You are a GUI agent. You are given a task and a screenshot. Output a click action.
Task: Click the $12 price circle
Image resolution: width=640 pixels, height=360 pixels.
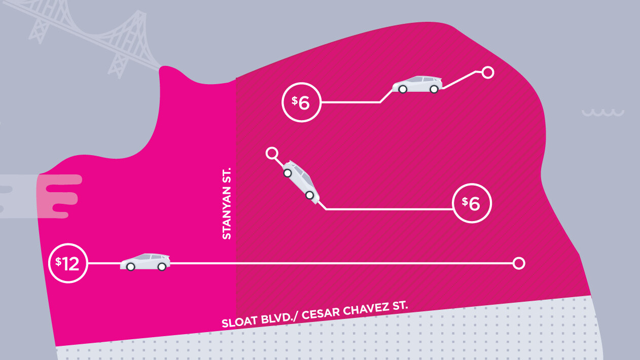point(68,264)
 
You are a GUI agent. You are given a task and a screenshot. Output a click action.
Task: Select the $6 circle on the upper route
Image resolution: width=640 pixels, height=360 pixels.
point(302,102)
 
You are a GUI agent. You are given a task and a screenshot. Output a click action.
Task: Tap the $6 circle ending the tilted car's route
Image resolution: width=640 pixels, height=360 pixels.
point(472,203)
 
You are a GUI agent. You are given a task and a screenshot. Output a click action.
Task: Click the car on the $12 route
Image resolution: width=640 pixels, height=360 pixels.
point(145,262)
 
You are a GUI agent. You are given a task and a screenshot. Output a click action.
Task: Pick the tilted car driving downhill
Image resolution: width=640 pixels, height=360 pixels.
point(301,182)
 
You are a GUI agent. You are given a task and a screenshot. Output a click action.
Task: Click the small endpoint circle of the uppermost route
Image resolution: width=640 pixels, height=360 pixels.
point(487,72)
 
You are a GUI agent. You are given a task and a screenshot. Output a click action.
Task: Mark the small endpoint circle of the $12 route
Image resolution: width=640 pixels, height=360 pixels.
point(518,263)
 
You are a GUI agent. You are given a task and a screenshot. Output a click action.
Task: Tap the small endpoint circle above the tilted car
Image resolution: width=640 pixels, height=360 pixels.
point(272,153)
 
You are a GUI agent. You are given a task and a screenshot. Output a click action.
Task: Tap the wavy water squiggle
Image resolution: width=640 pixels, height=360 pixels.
point(602,113)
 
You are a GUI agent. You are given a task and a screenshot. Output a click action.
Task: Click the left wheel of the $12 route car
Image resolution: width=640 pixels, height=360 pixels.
point(130,267)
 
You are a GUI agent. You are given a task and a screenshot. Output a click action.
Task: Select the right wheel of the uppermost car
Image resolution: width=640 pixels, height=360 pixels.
point(434,89)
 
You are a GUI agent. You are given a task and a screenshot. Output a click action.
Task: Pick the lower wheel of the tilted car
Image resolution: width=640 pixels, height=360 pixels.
point(309,195)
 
